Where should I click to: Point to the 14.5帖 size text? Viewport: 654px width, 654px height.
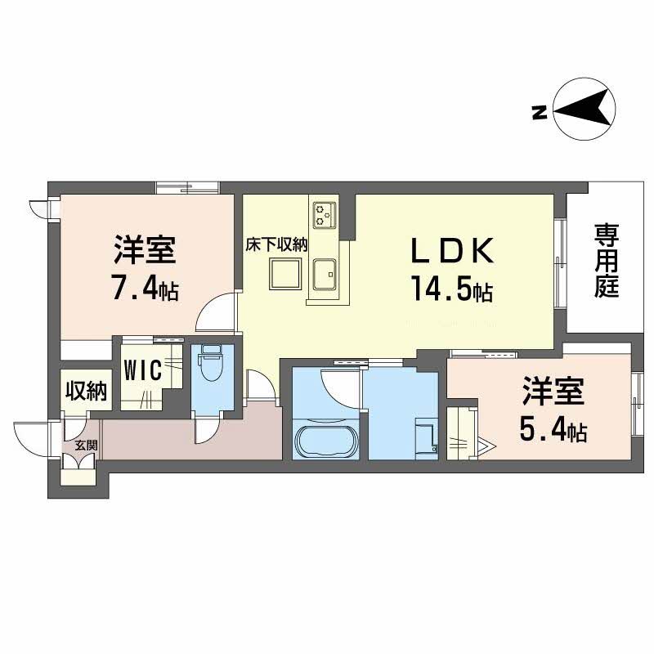(452, 289)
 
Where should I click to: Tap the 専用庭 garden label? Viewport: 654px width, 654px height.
(606, 262)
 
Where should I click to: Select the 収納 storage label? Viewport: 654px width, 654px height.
(85, 392)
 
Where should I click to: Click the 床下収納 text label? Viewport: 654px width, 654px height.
(278, 243)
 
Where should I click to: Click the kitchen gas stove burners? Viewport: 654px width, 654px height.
(323, 215)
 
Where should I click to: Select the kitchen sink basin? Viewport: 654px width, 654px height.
(327, 271)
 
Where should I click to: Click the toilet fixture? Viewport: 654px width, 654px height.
(211, 365)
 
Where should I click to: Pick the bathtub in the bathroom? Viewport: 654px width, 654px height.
(325, 441)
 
